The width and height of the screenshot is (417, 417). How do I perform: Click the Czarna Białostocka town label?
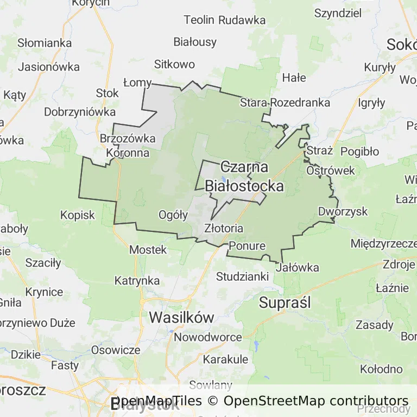(244, 176)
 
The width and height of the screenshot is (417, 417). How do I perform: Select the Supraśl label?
(285, 303)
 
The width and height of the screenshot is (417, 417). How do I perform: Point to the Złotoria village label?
(224, 229)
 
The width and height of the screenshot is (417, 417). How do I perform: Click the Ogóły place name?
(173, 215)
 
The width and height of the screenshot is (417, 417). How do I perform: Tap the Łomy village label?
(137, 83)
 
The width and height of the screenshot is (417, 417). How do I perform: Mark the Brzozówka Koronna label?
(128, 146)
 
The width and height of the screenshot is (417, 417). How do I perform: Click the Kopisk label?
(78, 215)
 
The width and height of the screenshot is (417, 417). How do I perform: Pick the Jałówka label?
(298, 268)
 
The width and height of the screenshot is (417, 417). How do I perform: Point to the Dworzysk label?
(343, 212)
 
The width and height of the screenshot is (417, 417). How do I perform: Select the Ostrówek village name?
(331, 170)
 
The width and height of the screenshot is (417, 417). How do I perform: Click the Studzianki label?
(243, 276)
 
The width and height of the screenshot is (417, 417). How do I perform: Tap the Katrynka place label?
(137, 281)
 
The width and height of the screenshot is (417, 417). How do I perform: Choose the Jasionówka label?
(49, 67)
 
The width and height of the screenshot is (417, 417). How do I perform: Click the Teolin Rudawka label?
(225, 20)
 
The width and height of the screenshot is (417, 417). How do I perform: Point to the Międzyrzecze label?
(384, 243)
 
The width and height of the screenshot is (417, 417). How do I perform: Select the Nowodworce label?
(208, 337)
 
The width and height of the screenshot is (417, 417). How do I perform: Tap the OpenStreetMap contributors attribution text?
(316, 401)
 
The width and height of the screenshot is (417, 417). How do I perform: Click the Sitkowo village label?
(174, 64)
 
